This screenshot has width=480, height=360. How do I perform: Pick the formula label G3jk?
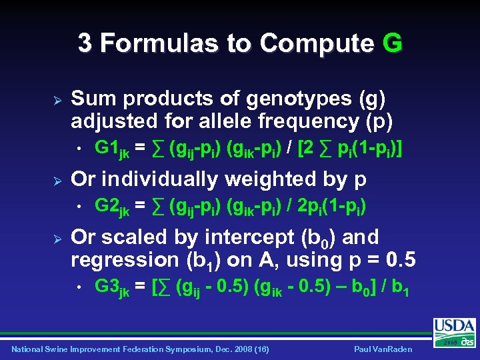tap(112, 288)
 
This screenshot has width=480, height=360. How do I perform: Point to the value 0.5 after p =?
tap(401, 260)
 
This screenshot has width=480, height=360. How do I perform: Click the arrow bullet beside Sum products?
tap(57, 99)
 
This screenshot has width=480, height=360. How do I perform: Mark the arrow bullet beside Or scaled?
tap(57, 237)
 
